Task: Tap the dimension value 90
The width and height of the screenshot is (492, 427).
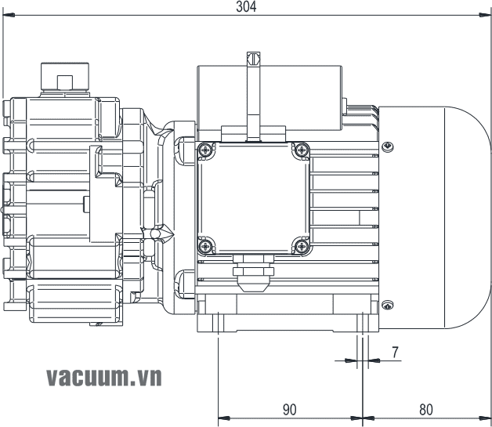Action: click(289, 409)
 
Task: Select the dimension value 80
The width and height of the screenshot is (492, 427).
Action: click(426, 409)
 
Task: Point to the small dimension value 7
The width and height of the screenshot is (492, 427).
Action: click(396, 352)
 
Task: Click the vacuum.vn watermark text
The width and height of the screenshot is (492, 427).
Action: click(103, 377)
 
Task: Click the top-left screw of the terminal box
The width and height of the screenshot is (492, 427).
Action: click(204, 150)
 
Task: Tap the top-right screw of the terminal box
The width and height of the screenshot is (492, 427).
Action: click(302, 150)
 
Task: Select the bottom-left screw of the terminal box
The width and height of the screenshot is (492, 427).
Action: click(204, 245)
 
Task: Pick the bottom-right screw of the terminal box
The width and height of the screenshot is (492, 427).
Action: click(302, 245)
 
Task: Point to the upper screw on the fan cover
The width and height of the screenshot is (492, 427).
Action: click(387, 146)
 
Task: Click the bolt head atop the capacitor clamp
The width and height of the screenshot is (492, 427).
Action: click(253, 58)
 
